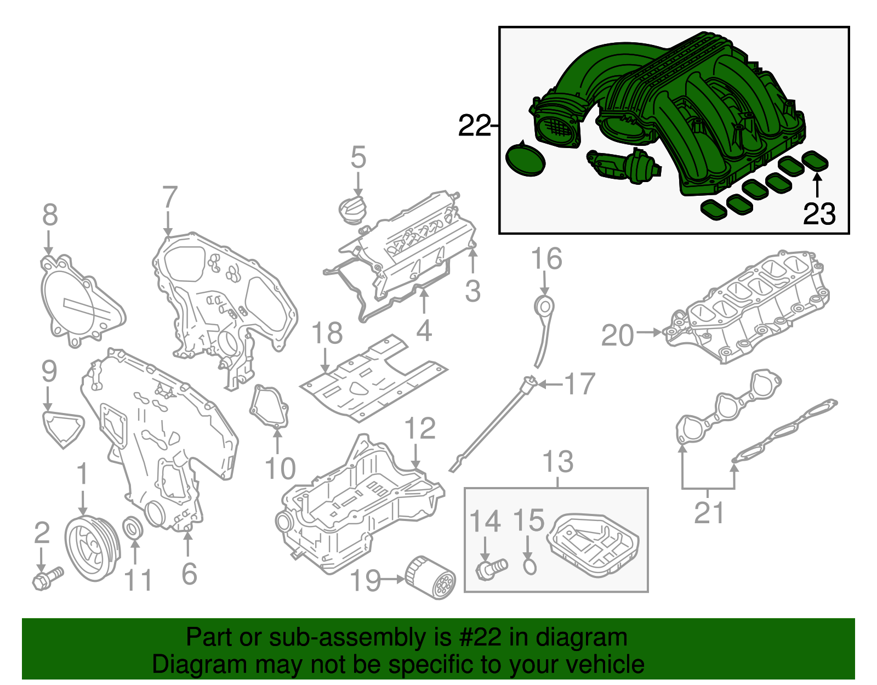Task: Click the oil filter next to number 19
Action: pos(431,578)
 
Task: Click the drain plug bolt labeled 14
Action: pos(491,568)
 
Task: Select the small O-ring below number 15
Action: pos(529,567)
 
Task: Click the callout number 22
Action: pos(474,126)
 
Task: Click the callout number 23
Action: pos(819,214)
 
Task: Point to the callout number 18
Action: pos(327,333)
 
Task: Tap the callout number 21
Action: pos(709,513)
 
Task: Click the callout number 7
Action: pos(170,197)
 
